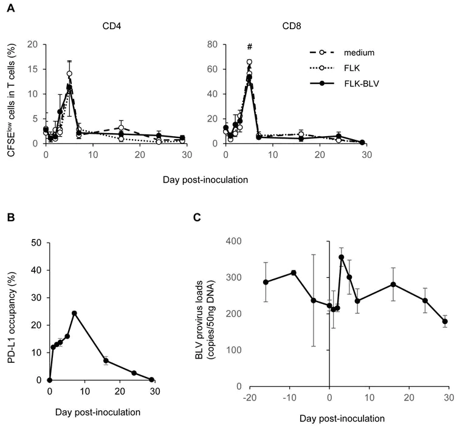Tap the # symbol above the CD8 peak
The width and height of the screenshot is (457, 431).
click(249, 46)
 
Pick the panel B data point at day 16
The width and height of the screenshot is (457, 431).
click(106, 360)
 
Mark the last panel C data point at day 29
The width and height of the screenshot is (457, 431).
click(445, 322)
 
